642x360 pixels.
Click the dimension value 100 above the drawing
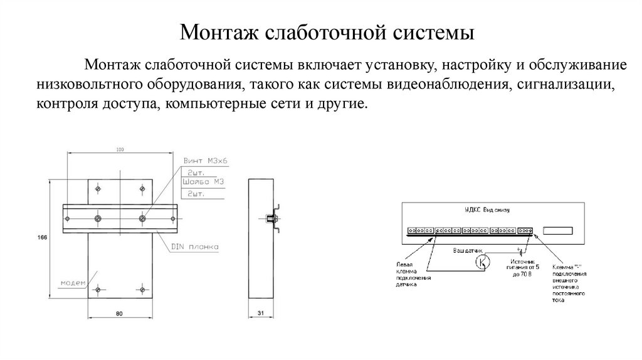pyautogui.click(x=120, y=149)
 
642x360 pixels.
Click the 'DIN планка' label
pyautogui.click(x=194, y=248)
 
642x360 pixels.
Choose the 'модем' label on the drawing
pyautogui.click(x=72, y=283)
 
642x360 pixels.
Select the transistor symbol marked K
pyautogui.click(x=483, y=262)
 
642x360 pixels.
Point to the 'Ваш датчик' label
pyautogui.click(x=467, y=250)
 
